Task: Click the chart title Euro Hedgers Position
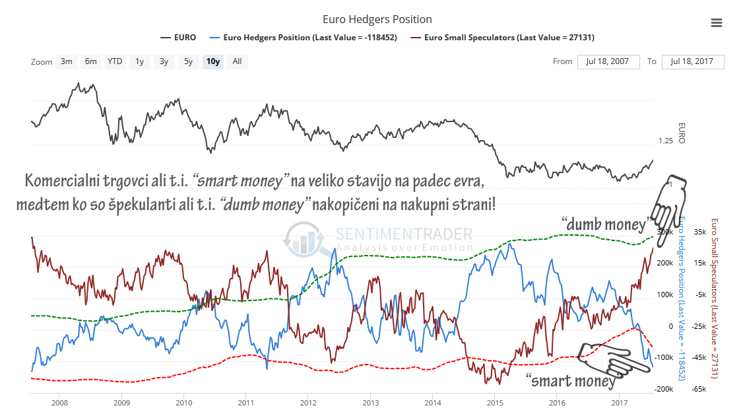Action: click(377, 20)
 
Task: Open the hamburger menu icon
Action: click(717, 23)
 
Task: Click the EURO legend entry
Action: click(178, 38)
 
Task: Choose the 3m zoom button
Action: click(67, 61)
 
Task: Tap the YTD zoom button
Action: click(115, 61)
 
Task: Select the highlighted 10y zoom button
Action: click(213, 61)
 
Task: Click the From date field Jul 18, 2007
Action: click(608, 61)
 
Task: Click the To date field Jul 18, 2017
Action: click(692, 61)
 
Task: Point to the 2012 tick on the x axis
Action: click(308, 402)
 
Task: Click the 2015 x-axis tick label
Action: click(495, 402)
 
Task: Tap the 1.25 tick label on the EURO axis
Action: click(666, 141)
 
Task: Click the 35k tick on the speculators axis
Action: click(700, 232)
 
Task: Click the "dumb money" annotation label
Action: click(604, 225)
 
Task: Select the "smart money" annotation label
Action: click(572, 381)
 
